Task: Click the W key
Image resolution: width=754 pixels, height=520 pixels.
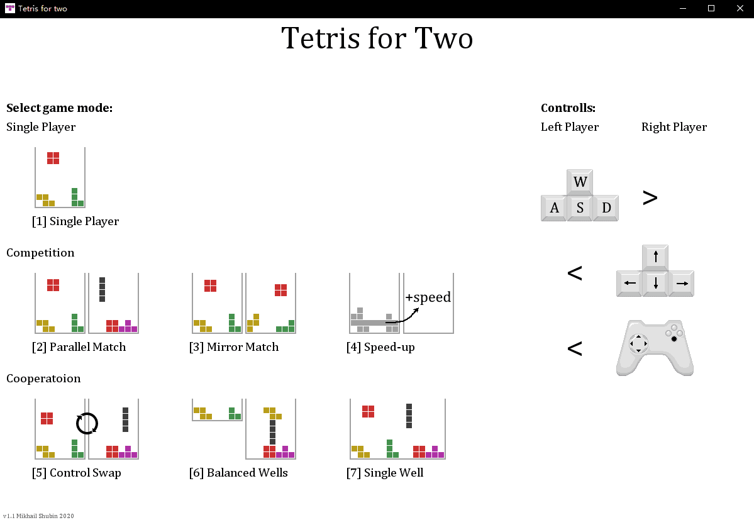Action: pyautogui.click(x=580, y=182)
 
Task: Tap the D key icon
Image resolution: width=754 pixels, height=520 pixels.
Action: pyautogui.click(x=606, y=208)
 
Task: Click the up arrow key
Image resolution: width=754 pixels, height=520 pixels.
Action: pyautogui.click(x=655, y=257)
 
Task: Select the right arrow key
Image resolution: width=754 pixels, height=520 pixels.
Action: pyautogui.click(x=681, y=284)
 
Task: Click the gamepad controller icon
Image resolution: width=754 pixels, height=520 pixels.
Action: pyautogui.click(x=655, y=348)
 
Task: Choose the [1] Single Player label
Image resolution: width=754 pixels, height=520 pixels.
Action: pyautogui.click(x=75, y=221)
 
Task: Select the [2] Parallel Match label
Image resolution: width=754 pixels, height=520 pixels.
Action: pyautogui.click(x=79, y=347)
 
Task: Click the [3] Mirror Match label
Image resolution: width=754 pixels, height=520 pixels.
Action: pyautogui.click(x=234, y=347)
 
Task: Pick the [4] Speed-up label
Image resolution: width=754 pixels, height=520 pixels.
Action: pyautogui.click(x=380, y=347)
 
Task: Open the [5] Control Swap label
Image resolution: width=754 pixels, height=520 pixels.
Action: pyautogui.click(x=76, y=473)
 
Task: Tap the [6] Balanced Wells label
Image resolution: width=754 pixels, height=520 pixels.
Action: pyautogui.click(x=238, y=473)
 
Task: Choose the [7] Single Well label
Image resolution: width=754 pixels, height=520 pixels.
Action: pyautogui.click(x=385, y=473)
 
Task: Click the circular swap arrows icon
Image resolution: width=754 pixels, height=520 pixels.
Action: pyautogui.click(x=87, y=423)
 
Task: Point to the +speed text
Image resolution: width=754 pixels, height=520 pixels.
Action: pyautogui.click(x=428, y=297)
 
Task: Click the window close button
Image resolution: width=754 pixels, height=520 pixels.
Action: pyautogui.click(x=740, y=8)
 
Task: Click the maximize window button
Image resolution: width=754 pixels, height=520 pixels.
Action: pyautogui.click(x=711, y=8)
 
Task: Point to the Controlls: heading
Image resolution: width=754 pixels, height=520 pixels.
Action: pyautogui.click(x=568, y=108)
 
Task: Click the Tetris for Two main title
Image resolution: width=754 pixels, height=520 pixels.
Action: pyautogui.click(x=377, y=39)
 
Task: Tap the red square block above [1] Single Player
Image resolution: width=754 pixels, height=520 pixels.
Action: pyautogui.click(x=53, y=158)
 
